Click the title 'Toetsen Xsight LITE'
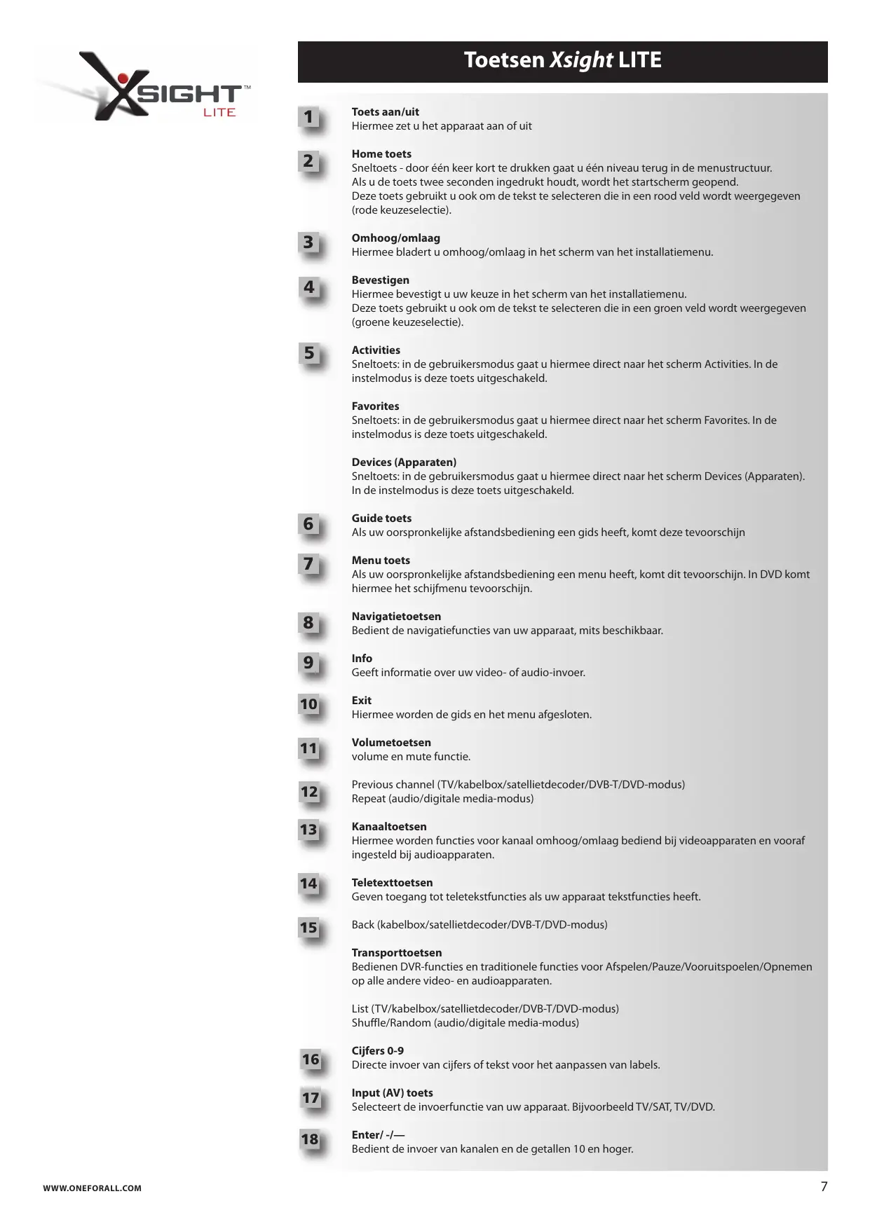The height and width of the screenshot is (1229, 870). (562, 60)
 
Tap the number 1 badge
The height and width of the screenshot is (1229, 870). (309, 118)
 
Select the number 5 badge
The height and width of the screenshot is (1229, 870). (309, 354)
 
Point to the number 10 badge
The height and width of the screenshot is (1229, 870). (309, 705)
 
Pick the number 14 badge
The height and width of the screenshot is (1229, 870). (309, 884)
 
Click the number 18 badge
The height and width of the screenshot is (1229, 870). (310, 1140)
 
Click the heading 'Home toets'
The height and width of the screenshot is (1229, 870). (381, 154)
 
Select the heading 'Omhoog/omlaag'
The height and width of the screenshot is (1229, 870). (395, 238)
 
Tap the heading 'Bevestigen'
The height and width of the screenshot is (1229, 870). (380, 280)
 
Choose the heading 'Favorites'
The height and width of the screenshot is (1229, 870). (375, 406)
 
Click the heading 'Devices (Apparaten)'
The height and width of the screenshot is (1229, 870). (404, 462)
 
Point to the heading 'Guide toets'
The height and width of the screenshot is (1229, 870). (381, 519)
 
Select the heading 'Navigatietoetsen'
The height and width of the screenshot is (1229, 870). (396, 617)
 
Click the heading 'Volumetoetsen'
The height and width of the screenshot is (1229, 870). (391, 743)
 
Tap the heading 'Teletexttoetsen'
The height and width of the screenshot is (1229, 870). (392, 883)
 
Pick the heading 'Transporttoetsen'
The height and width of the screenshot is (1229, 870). (397, 953)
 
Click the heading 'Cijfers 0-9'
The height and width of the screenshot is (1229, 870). (377, 1051)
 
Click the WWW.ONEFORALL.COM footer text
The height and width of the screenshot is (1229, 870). (92, 1188)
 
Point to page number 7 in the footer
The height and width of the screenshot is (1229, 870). (824, 1187)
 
